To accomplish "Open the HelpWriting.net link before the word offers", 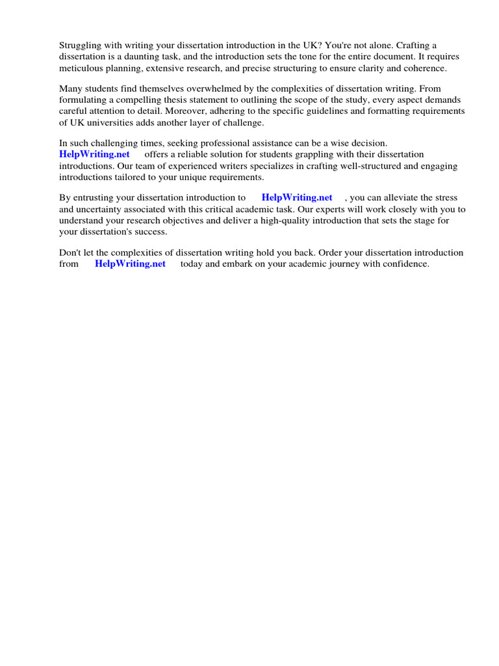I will [94, 154].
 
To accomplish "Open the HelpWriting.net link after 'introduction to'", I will [297, 197].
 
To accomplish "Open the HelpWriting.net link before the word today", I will [130, 263].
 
